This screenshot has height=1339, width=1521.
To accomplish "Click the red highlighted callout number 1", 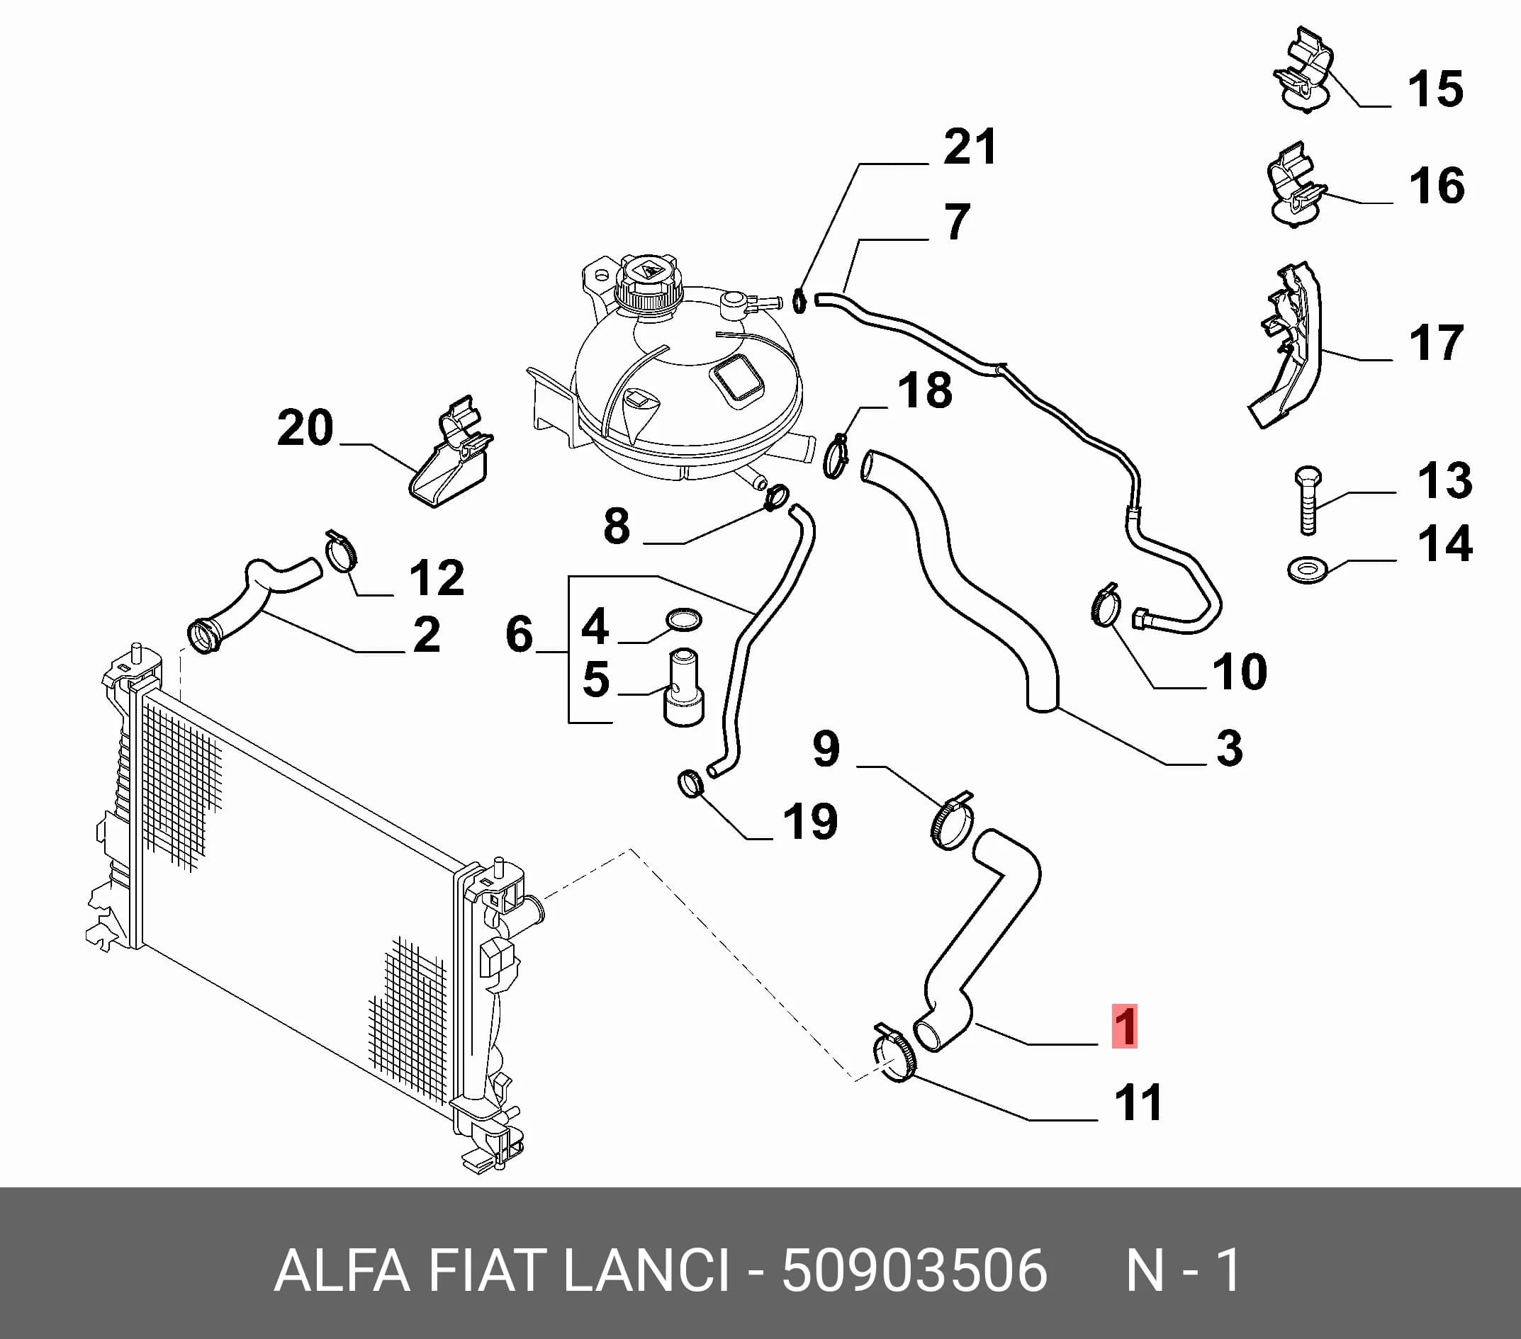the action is pos(1124,1026).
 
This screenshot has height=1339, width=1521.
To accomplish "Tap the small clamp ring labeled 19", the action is pos(691,784).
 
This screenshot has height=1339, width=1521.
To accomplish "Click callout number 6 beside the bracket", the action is pos(519,635).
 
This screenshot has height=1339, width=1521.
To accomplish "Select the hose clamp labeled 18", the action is pos(837,456).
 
